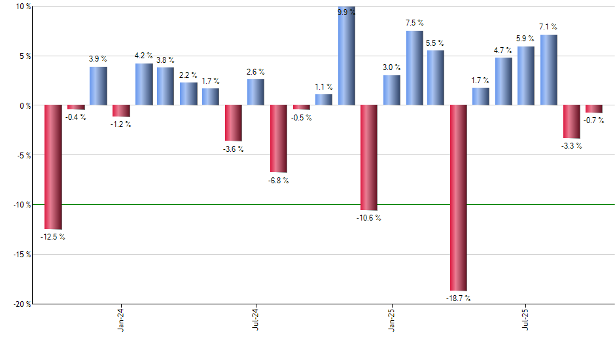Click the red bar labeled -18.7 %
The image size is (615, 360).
pos(459,197)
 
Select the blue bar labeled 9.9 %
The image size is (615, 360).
pos(346,56)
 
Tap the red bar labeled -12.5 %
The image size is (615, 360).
pos(53,167)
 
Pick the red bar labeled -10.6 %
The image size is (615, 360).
pos(369,158)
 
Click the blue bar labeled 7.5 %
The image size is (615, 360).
pos(414,68)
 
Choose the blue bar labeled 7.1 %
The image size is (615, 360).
pos(549,70)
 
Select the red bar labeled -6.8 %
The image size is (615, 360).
pos(279,139)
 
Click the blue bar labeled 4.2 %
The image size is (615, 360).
pos(144,84)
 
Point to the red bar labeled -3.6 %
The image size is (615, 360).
pos(234,123)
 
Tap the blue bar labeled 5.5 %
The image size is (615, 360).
pos(436,78)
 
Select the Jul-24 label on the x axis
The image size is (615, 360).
pos(256,319)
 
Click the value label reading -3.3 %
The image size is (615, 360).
pos(571,146)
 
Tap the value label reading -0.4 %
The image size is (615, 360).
pos(76,117)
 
